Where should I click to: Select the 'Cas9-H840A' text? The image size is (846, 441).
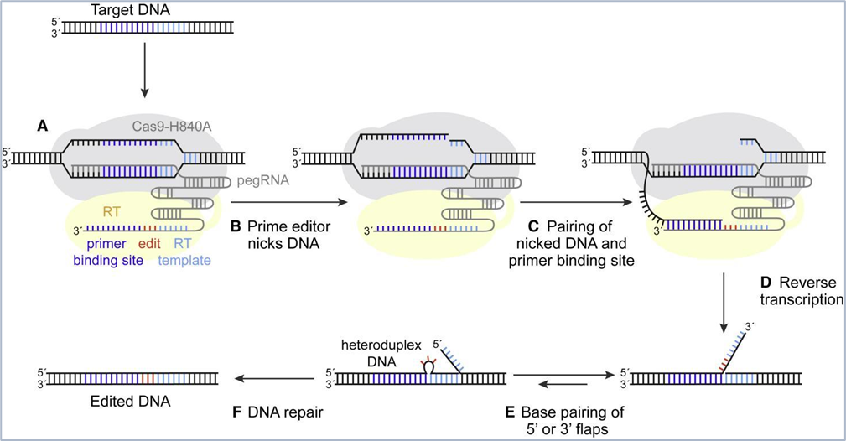[172, 127]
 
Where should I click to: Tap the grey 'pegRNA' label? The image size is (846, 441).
[262, 181]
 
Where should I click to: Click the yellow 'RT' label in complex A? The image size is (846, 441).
[112, 212]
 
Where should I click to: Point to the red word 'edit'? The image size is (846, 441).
[149, 244]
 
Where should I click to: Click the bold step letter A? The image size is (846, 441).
[42, 127]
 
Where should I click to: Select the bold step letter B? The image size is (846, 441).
[236, 226]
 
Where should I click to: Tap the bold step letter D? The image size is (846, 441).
[766, 283]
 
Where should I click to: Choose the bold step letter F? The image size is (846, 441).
[236, 413]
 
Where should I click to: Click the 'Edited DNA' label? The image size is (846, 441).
[131, 402]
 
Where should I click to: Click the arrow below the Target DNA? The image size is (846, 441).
[144, 70]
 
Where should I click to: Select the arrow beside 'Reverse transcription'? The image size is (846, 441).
[724, 303]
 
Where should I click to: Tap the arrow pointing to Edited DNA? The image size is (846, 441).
[275, 379]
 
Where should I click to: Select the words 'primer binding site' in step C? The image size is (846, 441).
[571, 262]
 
